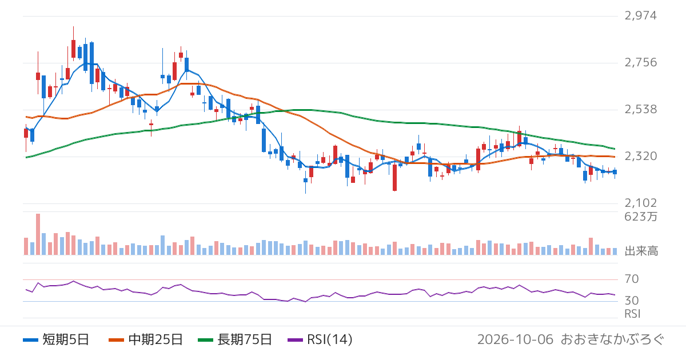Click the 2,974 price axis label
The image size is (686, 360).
pos(640,15)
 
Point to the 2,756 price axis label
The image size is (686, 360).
pos(640,62)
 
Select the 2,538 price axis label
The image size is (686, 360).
pos(640,109)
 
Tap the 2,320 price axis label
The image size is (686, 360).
pos(640,156)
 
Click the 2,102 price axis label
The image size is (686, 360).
pos(640,203)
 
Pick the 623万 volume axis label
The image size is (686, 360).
pos(641,217)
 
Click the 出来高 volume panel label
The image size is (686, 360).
pos(641,251)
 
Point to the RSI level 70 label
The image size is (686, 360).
pos(632,279)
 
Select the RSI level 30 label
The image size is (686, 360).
pos(632,301)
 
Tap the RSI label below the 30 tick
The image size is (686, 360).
pos(632,314)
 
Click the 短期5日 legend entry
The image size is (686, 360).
pos(56,339)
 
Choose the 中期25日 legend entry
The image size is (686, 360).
pos(146,339)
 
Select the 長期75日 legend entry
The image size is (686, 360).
pos(235,339)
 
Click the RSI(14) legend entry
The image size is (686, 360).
pos(320,339)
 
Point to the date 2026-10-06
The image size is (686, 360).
pos(515,339)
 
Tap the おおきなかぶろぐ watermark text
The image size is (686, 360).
pos(612,339)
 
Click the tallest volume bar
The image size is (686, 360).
pos(38,234)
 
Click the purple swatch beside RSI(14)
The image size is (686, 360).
pos(295,340)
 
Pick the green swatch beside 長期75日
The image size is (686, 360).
pos(205,340)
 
